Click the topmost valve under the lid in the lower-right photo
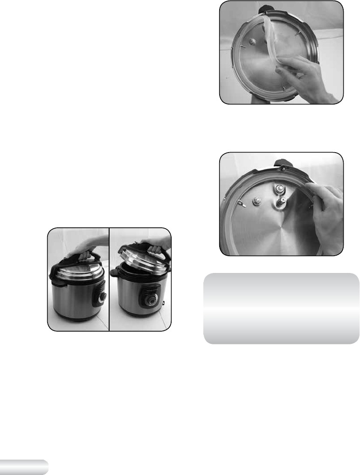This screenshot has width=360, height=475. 281,189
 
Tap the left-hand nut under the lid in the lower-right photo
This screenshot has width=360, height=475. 256,201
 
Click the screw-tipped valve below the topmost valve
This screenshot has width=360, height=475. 282,203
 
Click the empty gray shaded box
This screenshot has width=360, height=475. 281,308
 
